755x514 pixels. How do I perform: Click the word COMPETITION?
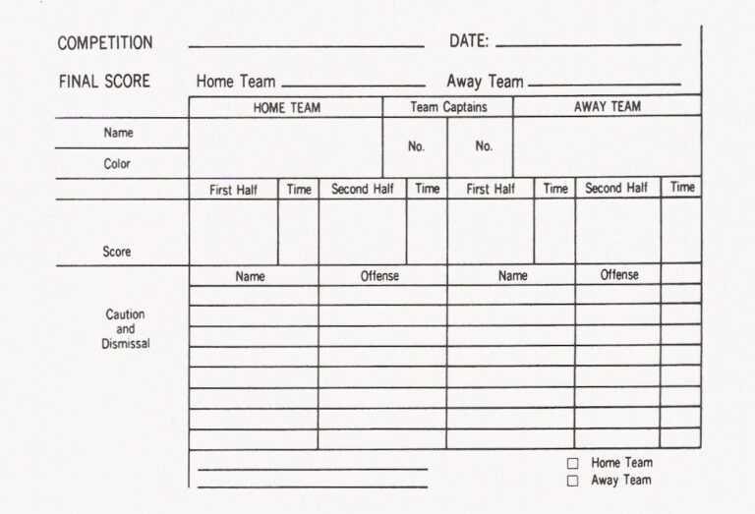[x=105, y=43]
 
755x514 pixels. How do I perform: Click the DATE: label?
[x=469, y=41]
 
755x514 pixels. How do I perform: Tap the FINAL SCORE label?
[x=104, y=82]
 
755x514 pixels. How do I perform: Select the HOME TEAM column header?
[x=286, y=108]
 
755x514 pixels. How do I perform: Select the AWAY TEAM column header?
[x=607, y=107]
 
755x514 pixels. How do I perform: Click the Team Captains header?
[x=448, y=107]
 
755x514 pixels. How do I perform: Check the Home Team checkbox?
[x=572, y=463]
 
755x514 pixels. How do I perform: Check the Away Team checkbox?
[x=572, y=481]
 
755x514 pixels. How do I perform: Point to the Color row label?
[x=117, y=164]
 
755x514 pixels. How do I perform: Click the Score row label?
[x=117, y=252]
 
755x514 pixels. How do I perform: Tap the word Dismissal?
[x=126, y=344]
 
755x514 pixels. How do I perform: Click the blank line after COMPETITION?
[x=306, y=46]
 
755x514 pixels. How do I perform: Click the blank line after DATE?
[x=588, y=45]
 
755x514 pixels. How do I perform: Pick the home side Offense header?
[x=379, y=276]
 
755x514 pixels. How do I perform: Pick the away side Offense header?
[x=619, y=275]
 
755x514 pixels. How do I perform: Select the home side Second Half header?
[x=363, y=189]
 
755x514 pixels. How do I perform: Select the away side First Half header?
[x=491, y=189]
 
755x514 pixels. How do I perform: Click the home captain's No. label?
[x=416, y=146]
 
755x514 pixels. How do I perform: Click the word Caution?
[x=125, y=314]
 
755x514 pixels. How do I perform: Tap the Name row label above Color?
[x=118, y=133]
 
